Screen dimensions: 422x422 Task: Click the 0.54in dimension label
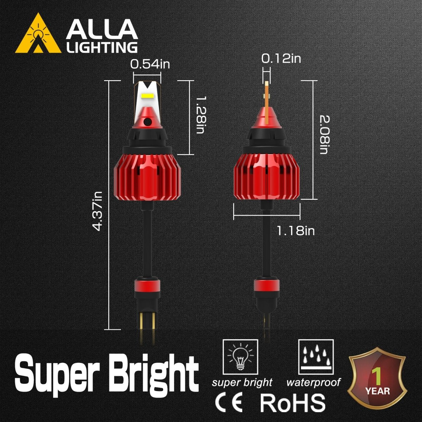pos(150,64)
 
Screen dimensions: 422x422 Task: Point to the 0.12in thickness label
pos(281,58)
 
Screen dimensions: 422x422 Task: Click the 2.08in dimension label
pos(324,135)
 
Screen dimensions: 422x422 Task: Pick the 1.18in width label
pos(295,231)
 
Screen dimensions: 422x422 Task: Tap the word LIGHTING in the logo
pos(102,47)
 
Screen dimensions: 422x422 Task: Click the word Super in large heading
pos(58,372)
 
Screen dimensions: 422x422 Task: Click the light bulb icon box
pos(240,357)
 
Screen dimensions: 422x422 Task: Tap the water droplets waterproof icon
pos(315,357)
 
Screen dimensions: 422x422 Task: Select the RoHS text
pos(293,403)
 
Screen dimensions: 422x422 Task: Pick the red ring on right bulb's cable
pos(267,285)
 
